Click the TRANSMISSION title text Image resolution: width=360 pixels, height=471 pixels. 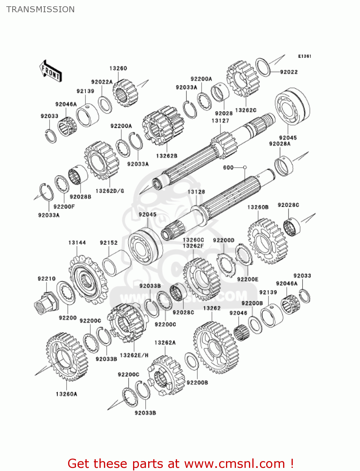click(x=40, y=9)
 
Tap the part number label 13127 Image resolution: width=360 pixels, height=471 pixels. click(x=220, y=121)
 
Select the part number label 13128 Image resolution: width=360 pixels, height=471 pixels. click(x=196, y=192)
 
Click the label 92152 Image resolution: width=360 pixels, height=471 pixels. click(x=109, y=243)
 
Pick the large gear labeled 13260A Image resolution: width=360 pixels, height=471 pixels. click(x=67, y=356)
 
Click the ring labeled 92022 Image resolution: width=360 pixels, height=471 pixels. click(x=263, y=67)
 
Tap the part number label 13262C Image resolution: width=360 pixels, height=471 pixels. click(x=246, y=110)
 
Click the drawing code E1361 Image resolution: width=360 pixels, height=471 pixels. click(x=304, y=56)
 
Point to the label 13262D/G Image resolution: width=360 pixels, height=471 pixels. click(x=110, y=191)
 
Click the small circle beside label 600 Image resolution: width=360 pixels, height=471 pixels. click(x=245, y=167)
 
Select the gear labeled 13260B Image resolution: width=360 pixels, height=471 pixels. click(x=267, y=241)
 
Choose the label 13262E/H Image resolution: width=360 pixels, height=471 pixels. click(x=134, y=355)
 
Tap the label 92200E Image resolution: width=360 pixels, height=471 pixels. click(x=248, y=279)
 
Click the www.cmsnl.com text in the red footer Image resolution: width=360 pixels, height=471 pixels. click(x=234, y=463)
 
